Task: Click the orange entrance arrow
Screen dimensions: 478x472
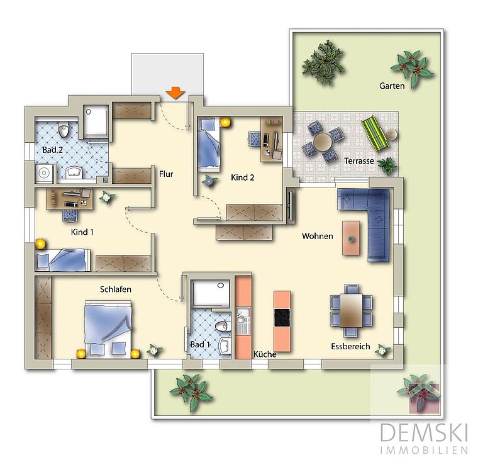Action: pos(175,93)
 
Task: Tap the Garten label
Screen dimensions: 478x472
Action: pos(392,86)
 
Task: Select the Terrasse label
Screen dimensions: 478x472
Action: pos(358,160)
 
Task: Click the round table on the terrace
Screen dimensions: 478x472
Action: pos(323,142)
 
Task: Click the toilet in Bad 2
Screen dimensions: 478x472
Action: pos(64,130)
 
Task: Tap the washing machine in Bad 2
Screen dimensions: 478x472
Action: pos(45,173)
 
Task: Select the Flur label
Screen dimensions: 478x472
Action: pos(166,174)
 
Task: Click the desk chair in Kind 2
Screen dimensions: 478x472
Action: pos(254,139)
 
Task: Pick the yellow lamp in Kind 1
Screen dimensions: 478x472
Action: pos(40,244)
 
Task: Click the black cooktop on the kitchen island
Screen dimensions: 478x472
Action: pos(282,318)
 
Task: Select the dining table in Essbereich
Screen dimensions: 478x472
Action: pos(351,310)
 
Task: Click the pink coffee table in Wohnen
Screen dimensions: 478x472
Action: pos(351,239)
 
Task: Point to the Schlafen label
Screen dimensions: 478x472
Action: pos(116,289)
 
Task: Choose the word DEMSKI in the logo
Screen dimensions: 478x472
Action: pos(424,432)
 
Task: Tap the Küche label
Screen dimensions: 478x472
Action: pos(265,354)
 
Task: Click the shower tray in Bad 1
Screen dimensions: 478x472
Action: pos(211,293)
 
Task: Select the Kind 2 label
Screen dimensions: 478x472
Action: pos(242,177)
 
